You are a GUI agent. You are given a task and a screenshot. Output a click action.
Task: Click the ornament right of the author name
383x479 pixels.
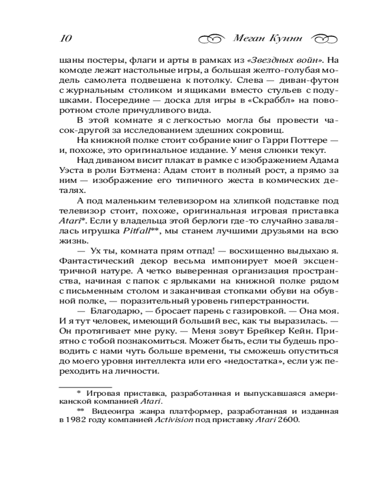[325, 38]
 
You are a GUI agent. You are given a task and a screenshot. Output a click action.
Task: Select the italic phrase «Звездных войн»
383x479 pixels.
[285, 61]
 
